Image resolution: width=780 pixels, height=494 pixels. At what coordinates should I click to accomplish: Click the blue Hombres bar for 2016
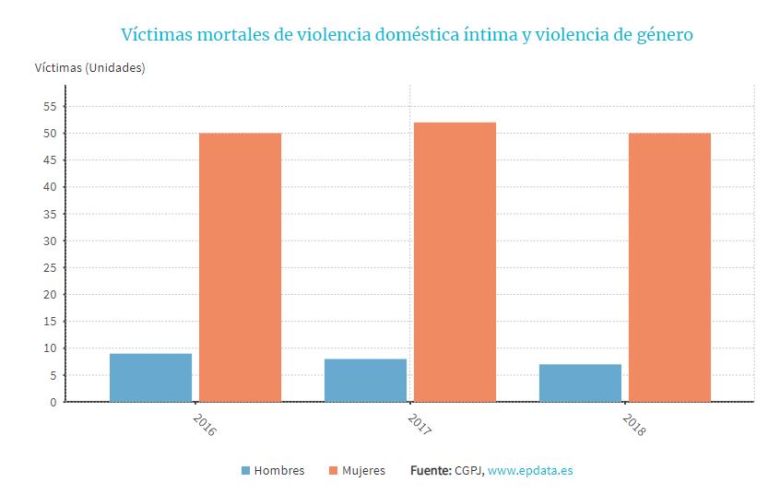(150, 378)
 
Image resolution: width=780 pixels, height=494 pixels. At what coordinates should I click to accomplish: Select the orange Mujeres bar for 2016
(240, 267)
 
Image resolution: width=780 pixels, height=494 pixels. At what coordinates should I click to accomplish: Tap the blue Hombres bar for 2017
(365, 380)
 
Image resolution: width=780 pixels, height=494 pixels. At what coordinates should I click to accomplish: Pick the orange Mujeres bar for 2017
(455, 262)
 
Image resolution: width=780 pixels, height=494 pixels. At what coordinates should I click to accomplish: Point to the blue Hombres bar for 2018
(580, 382)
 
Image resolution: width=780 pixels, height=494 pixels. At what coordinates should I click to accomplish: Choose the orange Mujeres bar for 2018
(669, 267)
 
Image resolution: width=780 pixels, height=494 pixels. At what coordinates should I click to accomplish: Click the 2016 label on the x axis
(204, 425)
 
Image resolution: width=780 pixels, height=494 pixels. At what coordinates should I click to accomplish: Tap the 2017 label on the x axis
(419, 425)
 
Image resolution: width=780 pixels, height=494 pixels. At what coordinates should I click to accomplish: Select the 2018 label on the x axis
(633, 425)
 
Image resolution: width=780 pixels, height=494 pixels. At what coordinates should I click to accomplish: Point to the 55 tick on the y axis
(49, 107)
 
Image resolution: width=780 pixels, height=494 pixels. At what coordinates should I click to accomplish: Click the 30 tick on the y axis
(49, 241)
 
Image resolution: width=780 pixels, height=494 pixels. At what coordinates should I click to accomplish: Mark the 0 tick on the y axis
(53, 403)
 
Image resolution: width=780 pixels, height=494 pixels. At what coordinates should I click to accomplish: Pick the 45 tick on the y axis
(49, 160)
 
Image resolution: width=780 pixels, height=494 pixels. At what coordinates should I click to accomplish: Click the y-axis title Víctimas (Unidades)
(89, 67)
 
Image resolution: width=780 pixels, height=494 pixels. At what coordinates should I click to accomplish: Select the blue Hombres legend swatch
(245, 471)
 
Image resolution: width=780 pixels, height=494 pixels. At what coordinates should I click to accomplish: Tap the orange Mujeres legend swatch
(333, 471)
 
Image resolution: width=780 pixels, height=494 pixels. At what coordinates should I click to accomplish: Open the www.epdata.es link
(530, 471)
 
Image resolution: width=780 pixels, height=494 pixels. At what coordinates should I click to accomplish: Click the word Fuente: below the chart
(430, 471)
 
